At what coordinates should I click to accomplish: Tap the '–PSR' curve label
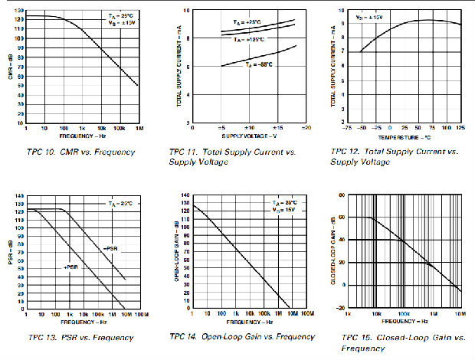pos(109,249)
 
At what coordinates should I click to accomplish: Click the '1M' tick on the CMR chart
pos(138,128)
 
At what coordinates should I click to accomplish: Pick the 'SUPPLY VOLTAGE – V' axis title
pos(249,135)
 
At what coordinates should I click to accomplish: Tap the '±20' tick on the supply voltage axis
pos(305,128)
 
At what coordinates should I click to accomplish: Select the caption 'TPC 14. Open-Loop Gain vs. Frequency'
pos(246,337)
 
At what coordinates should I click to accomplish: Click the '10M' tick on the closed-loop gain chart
pos(460,314)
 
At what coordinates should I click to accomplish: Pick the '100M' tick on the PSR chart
pos(140,315)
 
